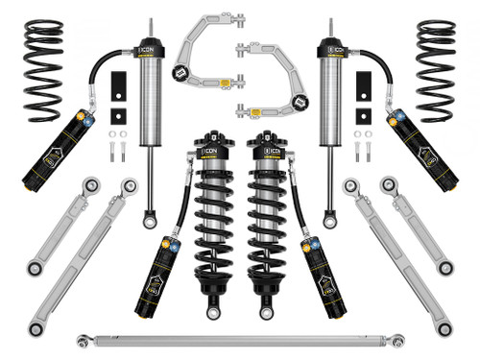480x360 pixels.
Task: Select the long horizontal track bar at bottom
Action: click(x=240, y=338)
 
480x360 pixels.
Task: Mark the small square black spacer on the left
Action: click(x=116, y=115)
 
